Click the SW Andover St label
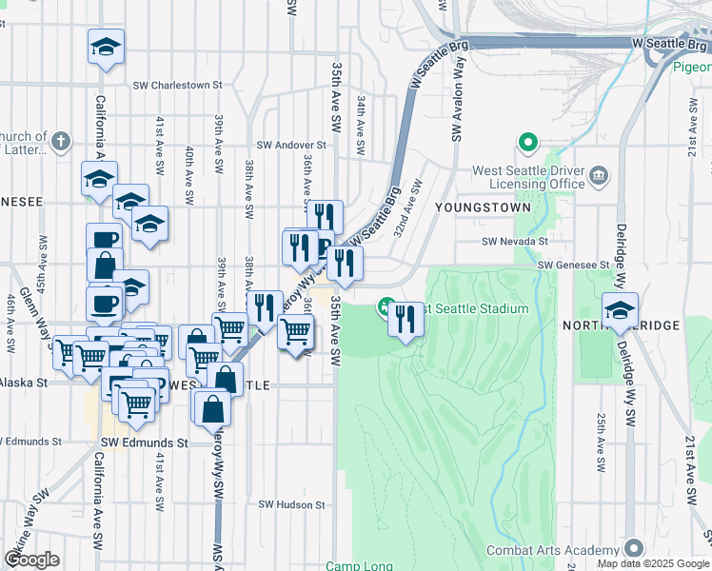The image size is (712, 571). [x=290, y=146]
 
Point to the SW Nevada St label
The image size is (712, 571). [x=514, y=243]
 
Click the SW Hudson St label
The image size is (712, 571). [x=292, y=504]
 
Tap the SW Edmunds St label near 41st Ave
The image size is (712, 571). [x=143, y=443]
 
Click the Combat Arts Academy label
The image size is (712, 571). [x=552, y=549]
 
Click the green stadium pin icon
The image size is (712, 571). [x=386, y=307]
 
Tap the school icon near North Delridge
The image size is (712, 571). [x=619, y=309]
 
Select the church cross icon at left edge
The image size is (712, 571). [x=61, y=142]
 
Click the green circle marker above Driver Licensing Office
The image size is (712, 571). [x=526, y=145]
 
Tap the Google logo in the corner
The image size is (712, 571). [x=30, y=560]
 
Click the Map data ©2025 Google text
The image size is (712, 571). [x=652, y=563]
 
